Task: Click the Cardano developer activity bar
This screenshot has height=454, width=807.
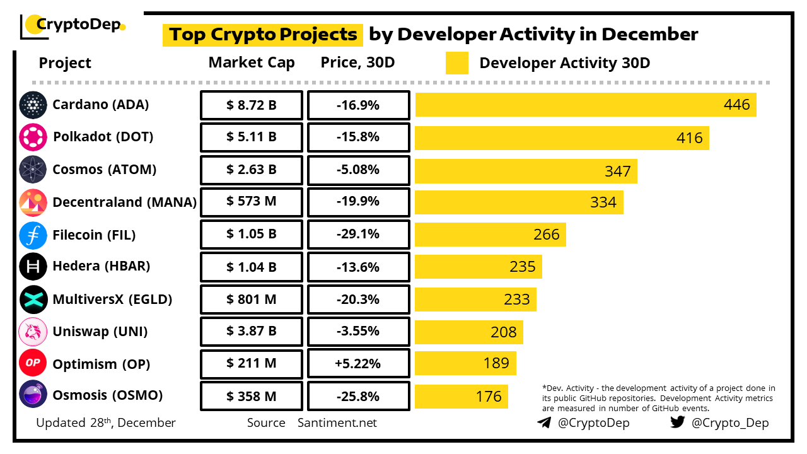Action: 585,105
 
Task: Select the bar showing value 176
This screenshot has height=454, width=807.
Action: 461,396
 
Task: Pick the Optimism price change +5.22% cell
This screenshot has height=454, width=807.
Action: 358,364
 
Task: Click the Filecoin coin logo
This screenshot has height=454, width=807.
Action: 33,235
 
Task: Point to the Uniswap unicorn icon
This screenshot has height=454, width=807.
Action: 33,332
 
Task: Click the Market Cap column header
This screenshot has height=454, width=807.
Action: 252,63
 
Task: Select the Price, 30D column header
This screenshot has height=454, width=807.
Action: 358,63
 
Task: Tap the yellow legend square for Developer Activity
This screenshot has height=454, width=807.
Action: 456,63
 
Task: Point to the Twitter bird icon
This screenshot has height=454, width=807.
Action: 678,422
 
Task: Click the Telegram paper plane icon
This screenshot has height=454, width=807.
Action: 544,422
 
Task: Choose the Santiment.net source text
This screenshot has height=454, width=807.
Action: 337,422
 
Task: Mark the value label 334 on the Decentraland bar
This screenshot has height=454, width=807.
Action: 603,202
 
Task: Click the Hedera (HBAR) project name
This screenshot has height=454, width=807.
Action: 102,266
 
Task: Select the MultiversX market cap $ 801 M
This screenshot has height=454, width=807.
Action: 252,299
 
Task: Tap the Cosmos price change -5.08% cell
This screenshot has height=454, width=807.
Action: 358,170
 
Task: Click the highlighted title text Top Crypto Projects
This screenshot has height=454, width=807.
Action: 263,34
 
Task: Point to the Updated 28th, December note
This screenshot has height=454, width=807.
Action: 106,422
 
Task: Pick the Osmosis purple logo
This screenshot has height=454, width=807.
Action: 33,396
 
